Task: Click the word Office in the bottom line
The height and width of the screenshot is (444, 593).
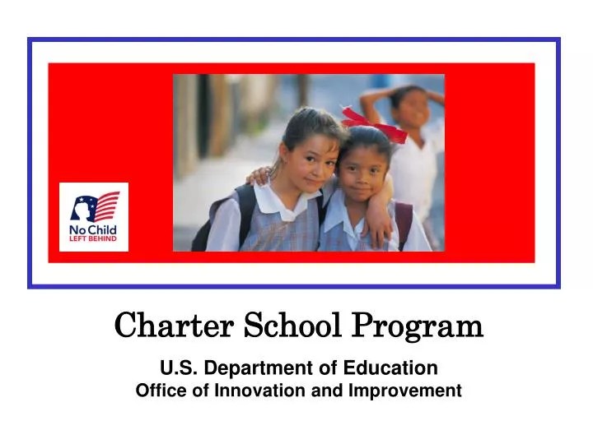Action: click(x=156, y=391)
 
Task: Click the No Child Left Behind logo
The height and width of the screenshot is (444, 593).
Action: click(x=94, y=217)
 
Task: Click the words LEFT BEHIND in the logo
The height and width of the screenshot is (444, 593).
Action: click(x=94, y=238)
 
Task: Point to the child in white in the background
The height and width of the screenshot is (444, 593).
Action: click(x=412, y=148)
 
